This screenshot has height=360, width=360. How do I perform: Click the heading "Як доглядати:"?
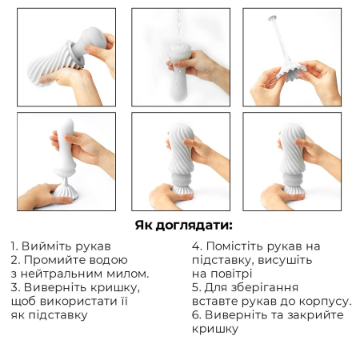tap(179, 225)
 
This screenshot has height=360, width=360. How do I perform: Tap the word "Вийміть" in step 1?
tap(47, 246)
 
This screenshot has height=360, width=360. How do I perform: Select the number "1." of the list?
tap(16, 246)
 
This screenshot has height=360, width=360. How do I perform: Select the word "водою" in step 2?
tap(108, 260)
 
